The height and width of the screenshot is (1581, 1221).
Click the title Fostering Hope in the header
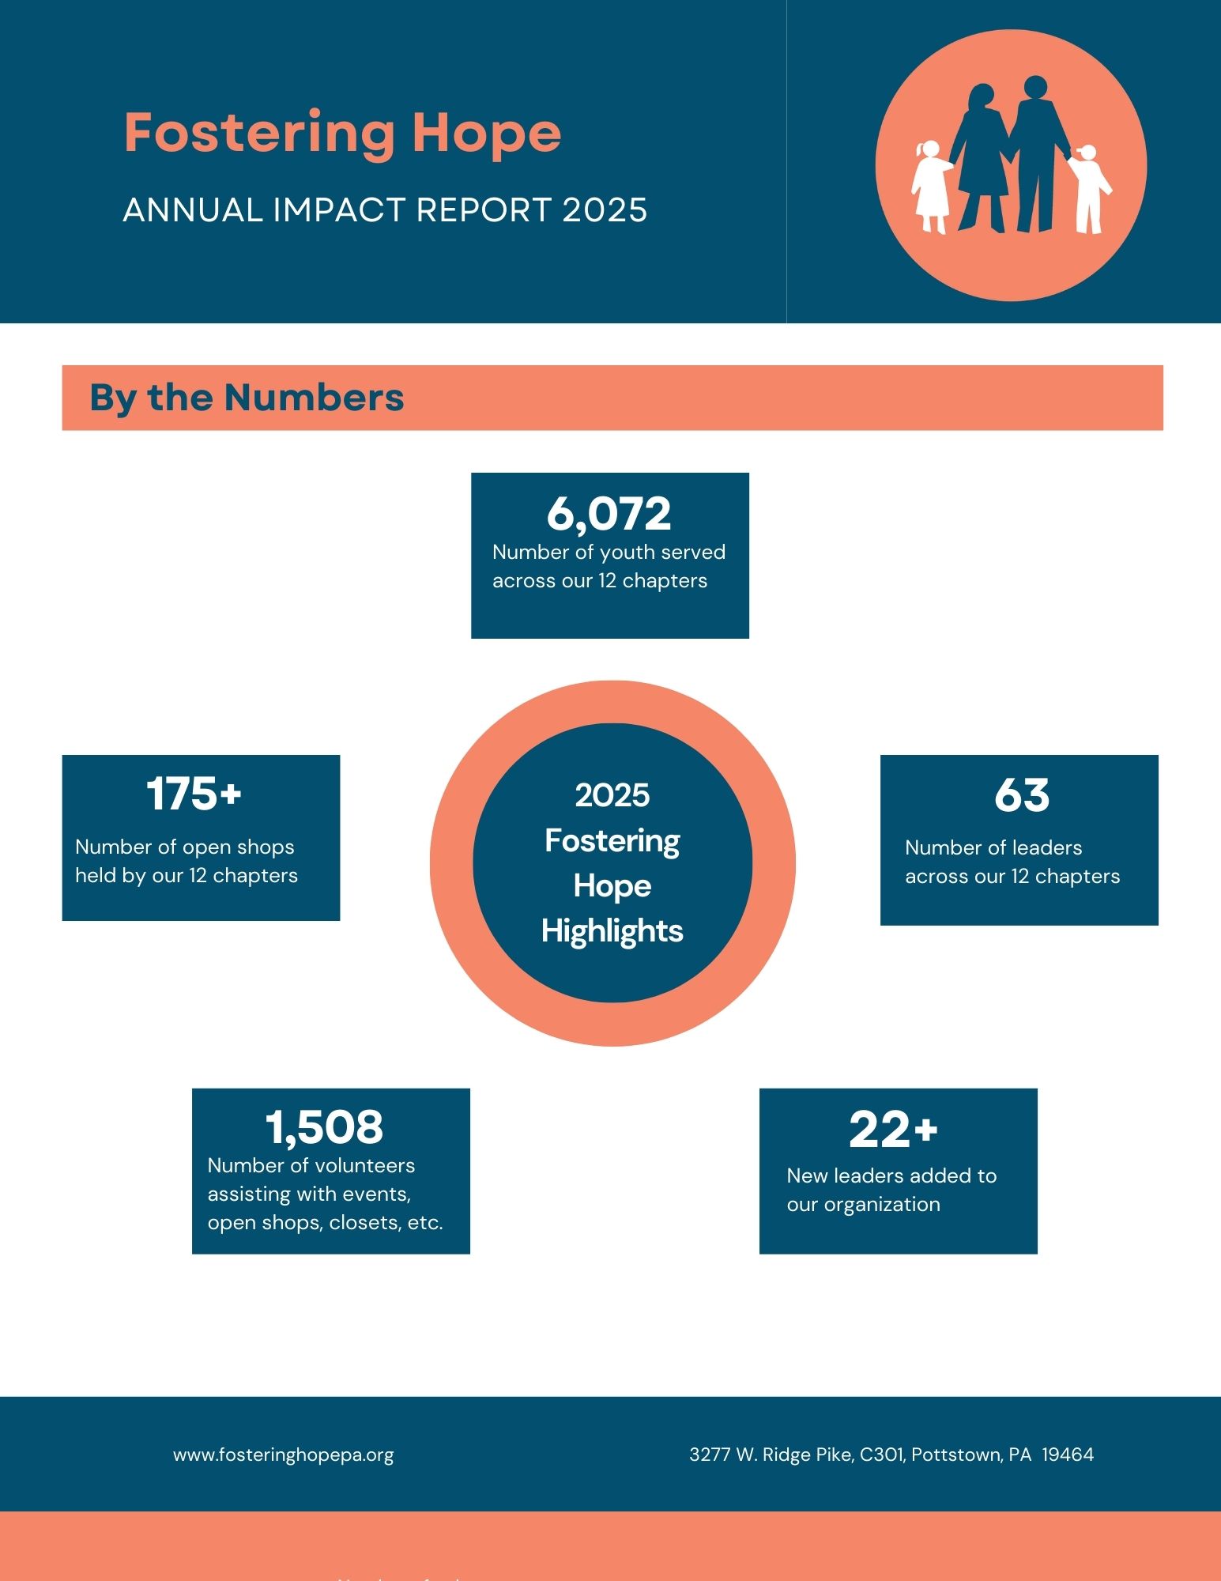(342, 133)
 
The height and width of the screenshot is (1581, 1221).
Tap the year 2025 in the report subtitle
(605, 210)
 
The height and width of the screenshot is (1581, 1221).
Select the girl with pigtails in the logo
(931, 187)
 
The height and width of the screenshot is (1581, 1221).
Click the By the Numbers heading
(247, 398)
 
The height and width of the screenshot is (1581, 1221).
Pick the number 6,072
(609, 514)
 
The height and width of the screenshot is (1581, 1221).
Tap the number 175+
(194, 794)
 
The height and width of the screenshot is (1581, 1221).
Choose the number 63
(1021, 795)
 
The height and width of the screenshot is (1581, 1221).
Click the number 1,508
(324, 1126)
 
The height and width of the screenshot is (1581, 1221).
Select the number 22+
(893, 1130)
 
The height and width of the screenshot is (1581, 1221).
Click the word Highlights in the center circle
(612, 931)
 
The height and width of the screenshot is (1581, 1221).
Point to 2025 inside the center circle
(612, 795)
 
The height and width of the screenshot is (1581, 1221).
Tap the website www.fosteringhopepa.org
(283, 1455)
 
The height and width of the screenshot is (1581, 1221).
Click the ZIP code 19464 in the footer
(1068, 1455)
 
